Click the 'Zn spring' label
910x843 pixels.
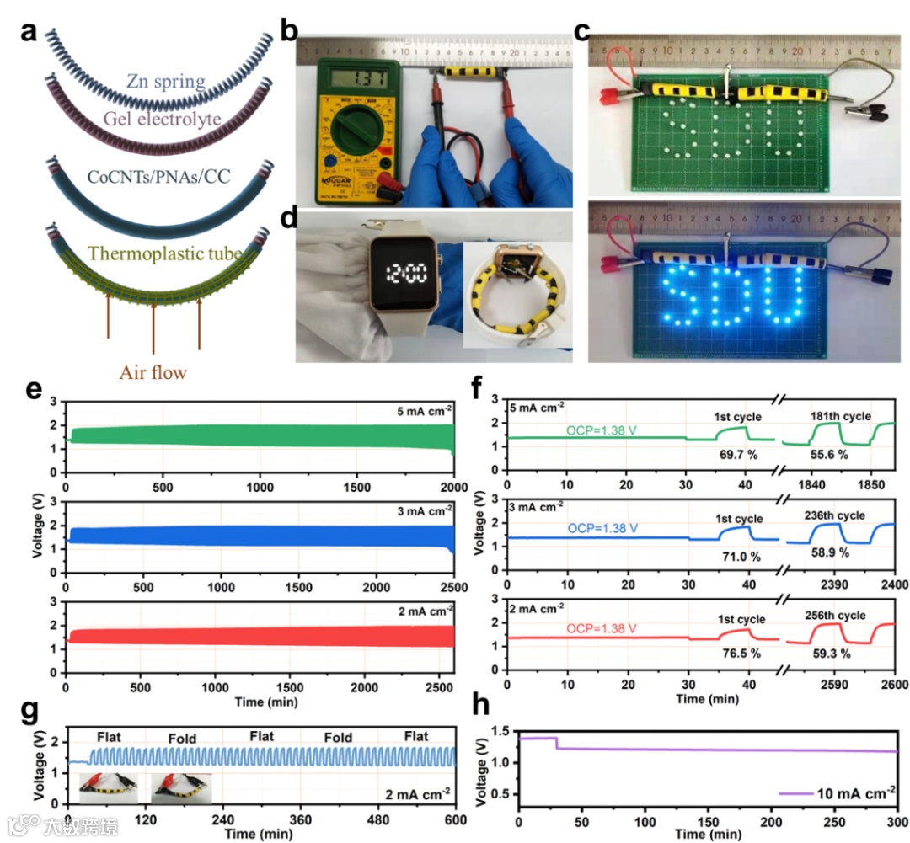pyautogui.click(x=166, y=82)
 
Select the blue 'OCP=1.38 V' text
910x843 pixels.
pyautogui.click(x=600, y=528)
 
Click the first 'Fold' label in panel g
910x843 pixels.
pyautogui.click(x=182, y=738)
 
